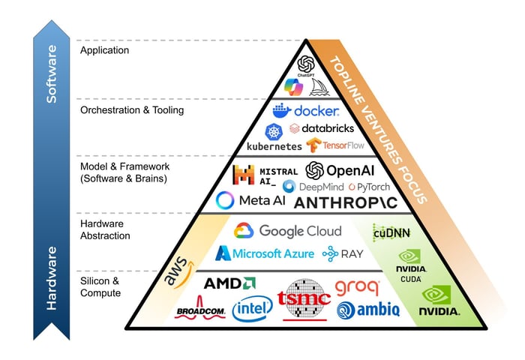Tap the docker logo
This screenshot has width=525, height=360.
click(x=307, y=111)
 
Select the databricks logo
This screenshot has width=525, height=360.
click(x=322, y=128)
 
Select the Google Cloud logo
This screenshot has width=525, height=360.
click(x=287, y=231)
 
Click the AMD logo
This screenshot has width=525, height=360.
click(x=229, y=283)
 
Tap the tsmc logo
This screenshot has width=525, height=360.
click(x=304, y=298)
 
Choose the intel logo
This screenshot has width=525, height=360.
click(x=252, y=308)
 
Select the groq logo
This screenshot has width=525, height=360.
click(x=356, y=286)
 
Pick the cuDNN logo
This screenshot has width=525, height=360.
click(x=391, y=231)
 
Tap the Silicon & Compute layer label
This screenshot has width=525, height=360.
click(x=100, y=286)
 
